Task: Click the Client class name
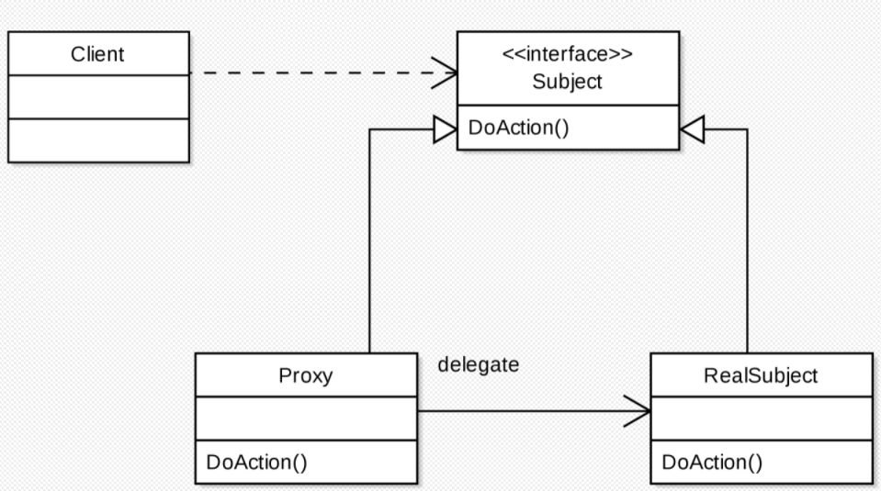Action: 97,53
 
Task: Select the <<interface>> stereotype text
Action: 567,54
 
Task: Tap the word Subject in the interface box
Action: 567,82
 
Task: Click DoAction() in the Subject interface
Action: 518,127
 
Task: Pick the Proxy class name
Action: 305,375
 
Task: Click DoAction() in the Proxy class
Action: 256,463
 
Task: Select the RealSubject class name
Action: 760,375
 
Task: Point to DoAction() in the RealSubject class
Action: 712,463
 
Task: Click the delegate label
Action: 478,365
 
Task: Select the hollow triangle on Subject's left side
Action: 445,130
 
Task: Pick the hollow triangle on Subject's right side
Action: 692,130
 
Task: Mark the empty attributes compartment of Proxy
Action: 305,418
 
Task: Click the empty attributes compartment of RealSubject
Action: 761,418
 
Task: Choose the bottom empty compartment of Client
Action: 97,139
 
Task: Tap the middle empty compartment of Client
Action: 97,96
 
